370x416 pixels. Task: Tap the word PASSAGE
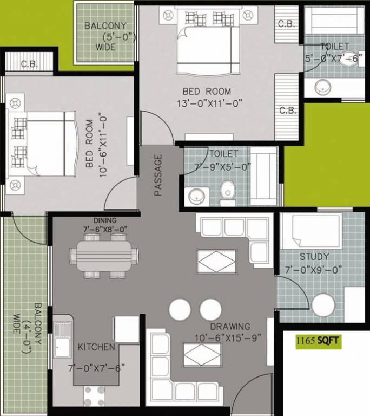click(x=158, y=175)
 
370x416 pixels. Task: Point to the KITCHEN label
click(x=96, y=347)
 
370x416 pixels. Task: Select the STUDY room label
click(x=314, y=256)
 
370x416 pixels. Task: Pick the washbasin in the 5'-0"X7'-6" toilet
click(x=323, y=86)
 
